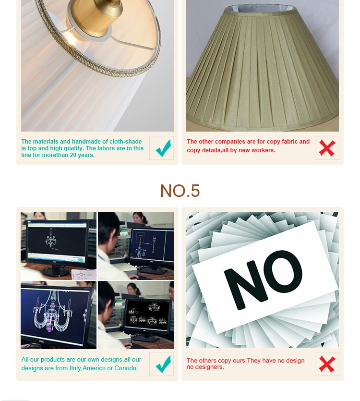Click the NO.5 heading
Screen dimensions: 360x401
click(180, 191)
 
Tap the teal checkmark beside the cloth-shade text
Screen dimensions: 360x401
click(163, 148)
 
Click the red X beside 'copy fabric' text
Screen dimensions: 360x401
click(327, 148)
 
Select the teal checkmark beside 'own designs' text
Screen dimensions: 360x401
click(163, 364)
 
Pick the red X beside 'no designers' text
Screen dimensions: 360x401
click(327, 364)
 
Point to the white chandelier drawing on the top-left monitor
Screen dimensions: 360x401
click(51, 239)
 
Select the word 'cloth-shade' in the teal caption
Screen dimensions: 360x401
click(126, 141)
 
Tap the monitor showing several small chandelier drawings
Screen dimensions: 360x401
click(147, 316)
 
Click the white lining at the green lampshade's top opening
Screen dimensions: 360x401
click(263, 9)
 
